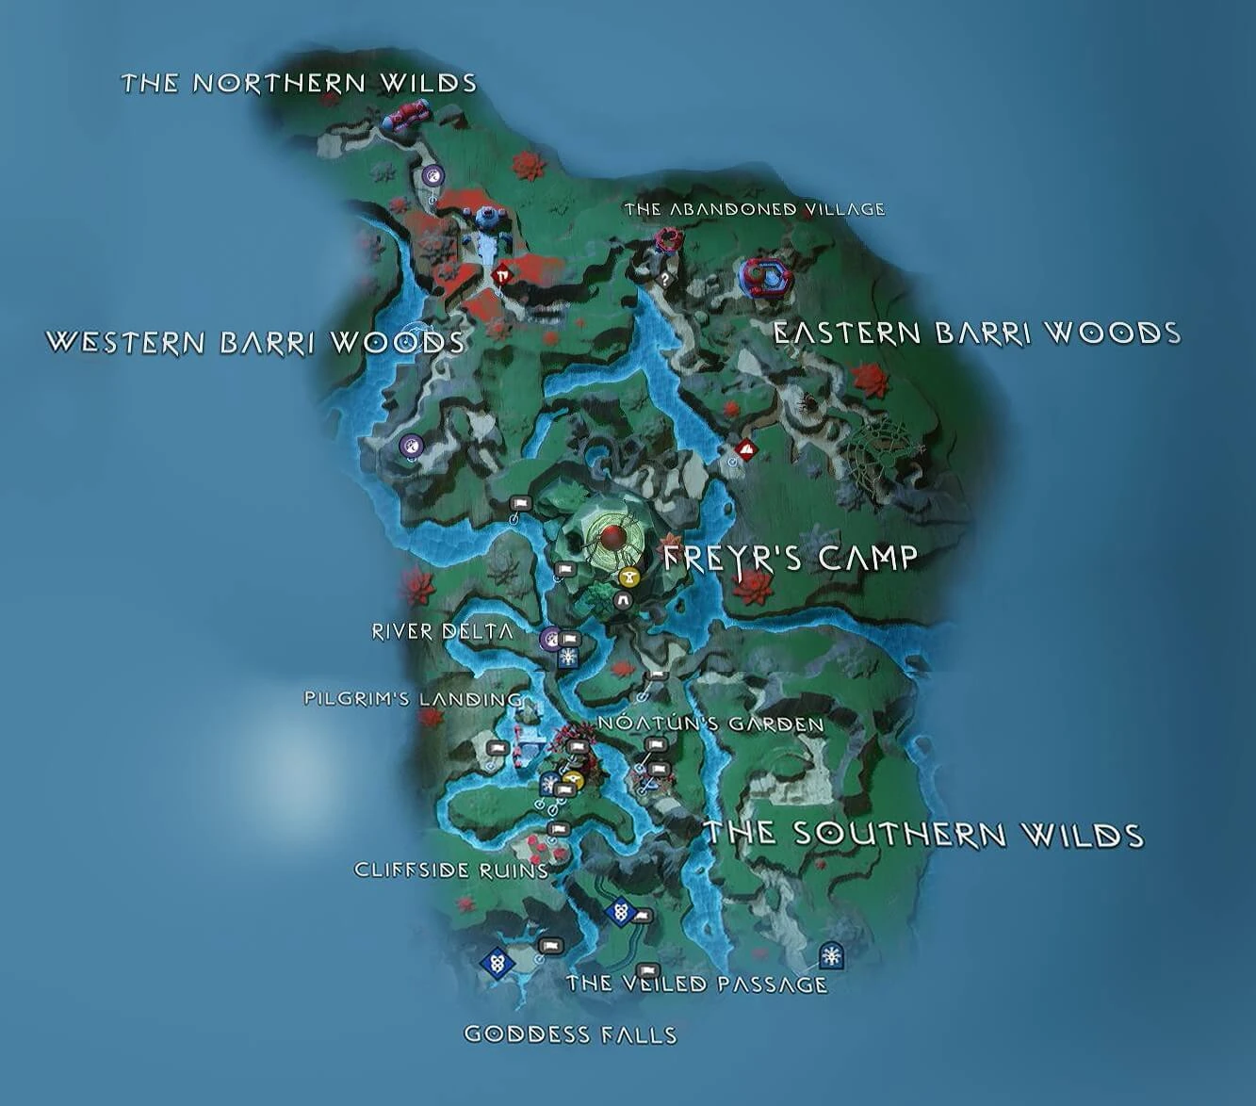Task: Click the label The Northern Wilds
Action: point(299,83)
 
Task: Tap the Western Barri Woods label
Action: point(255,341)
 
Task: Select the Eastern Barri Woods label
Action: point(976,333)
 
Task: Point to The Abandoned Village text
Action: point(754,209)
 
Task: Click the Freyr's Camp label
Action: point(790,558)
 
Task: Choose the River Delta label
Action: point(443,631)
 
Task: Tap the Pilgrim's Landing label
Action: point(413,699)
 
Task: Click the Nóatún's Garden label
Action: point(711,724)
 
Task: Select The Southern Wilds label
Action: point(924,834)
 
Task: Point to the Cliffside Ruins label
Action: point(451,870)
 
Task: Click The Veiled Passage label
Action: point(696,984)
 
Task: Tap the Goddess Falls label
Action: point(570,1034)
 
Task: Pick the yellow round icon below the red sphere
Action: point(629,577)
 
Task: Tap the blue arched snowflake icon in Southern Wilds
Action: point(830,955)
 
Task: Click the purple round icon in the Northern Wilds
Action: point(432,174)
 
